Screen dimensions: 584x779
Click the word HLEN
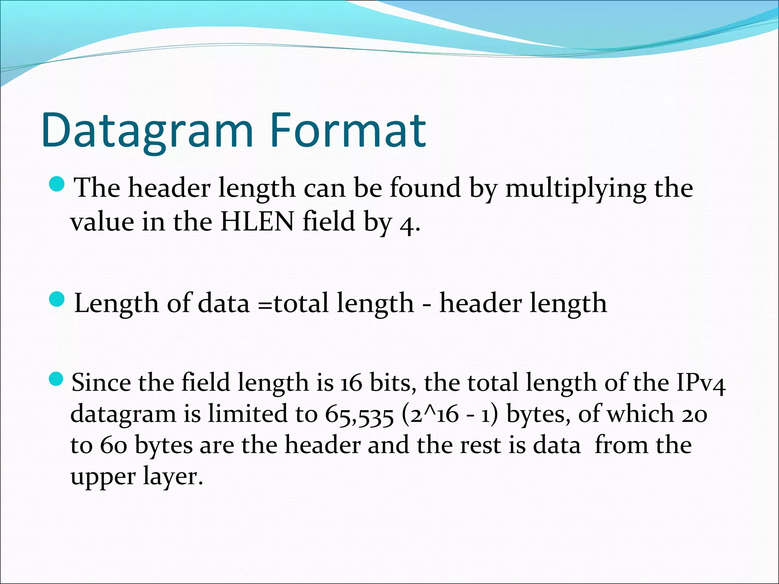(x=257, y=222)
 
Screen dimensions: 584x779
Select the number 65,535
(x=359, y=415)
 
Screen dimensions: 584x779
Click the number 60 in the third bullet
(x=113, y=446)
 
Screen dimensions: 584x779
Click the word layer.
(x=173, y=477)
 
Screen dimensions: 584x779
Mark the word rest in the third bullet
(x=480, y=445)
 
